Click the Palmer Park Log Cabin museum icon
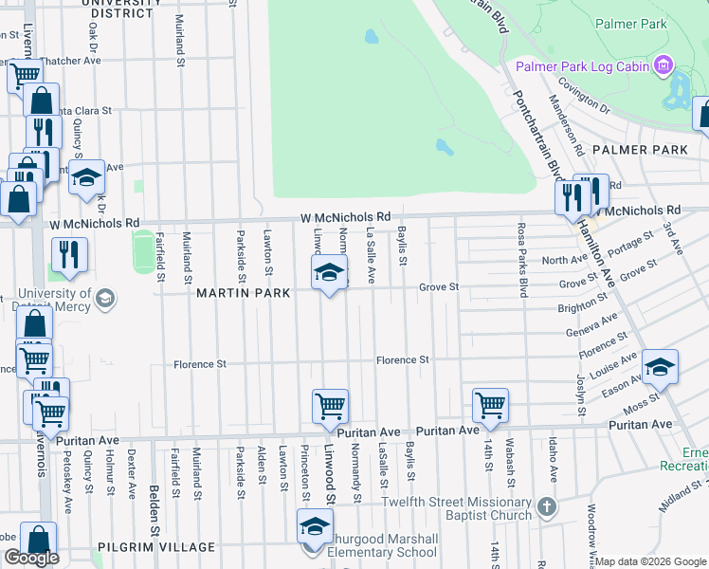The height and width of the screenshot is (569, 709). click(663, 65)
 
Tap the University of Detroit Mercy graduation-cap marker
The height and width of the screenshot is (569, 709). click(105, 300)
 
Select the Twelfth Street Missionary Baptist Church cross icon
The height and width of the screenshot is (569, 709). click(546, 507)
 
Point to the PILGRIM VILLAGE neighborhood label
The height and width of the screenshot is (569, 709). click(155, 548)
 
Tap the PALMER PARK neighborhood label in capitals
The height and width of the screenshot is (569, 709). click(640, 150)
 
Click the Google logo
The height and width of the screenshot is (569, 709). click(31, 558)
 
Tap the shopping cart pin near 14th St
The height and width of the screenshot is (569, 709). click(491, 405)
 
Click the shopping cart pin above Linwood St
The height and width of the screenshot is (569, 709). click(331, 406)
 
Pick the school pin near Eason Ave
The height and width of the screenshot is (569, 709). click(661, 366)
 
